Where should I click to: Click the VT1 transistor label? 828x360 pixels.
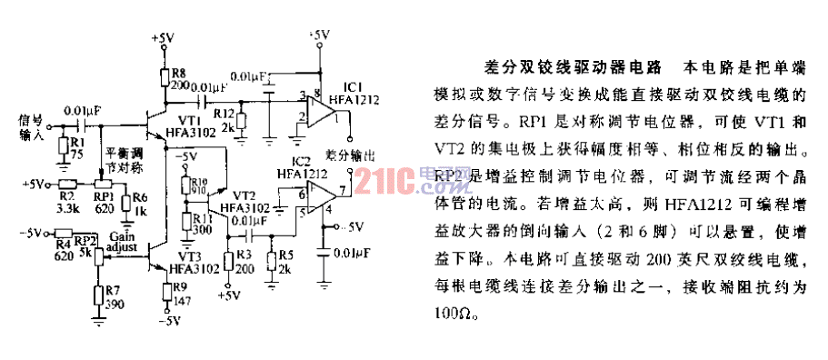click(x=190, y=119)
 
